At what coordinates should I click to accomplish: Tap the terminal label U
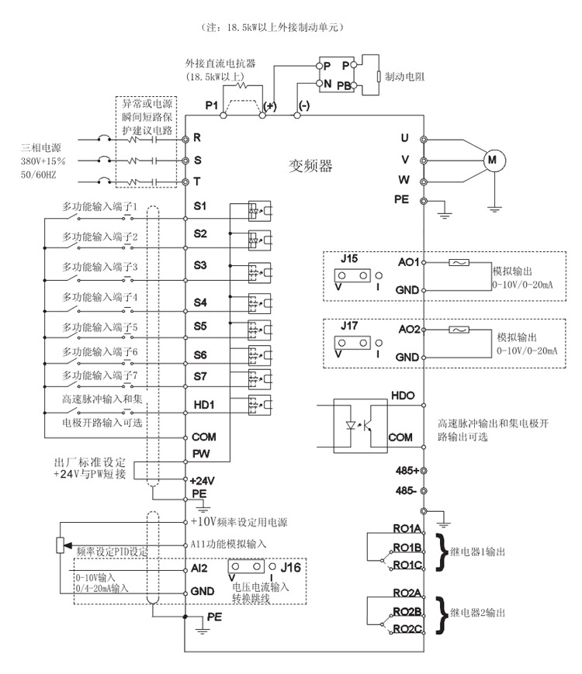pyautogui.click(x=404, y=138)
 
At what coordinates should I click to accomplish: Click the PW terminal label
pyautogui.click(x=200, y=453)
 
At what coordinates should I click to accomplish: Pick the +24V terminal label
pyautogui.click(x=203, y=480)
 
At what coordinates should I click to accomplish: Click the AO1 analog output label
pyautogui.click(x=407, y=262)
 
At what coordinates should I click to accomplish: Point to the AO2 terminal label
pyautogui.click(x=407, y=330)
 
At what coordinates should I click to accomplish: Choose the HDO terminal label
pyautogui.click(x=404, y=396)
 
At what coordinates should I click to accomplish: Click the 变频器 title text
pyautogui.click(x=310, y=165)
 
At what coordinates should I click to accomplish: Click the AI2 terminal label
pyautogui.click(x=199, y=568)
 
